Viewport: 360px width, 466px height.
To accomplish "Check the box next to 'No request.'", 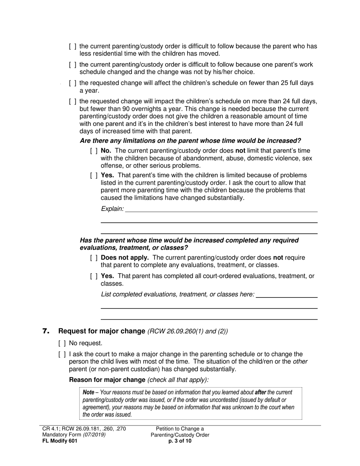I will click(63, 343).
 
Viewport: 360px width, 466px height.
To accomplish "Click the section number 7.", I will click(46, 331).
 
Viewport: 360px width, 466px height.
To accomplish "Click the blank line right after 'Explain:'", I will click(221, 209).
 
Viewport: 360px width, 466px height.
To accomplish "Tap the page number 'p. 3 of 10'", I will click(180, 441).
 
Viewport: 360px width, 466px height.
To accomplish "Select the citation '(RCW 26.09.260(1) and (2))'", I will click(188, 331).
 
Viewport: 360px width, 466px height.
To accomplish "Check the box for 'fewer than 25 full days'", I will click(73, 83).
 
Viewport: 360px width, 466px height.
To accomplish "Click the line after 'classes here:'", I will click(286, 294).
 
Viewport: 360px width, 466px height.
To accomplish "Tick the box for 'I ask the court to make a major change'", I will click(63, 354).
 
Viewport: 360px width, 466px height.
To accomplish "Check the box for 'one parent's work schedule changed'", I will click(73, 65).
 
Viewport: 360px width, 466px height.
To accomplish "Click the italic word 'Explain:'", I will click(112, 209).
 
